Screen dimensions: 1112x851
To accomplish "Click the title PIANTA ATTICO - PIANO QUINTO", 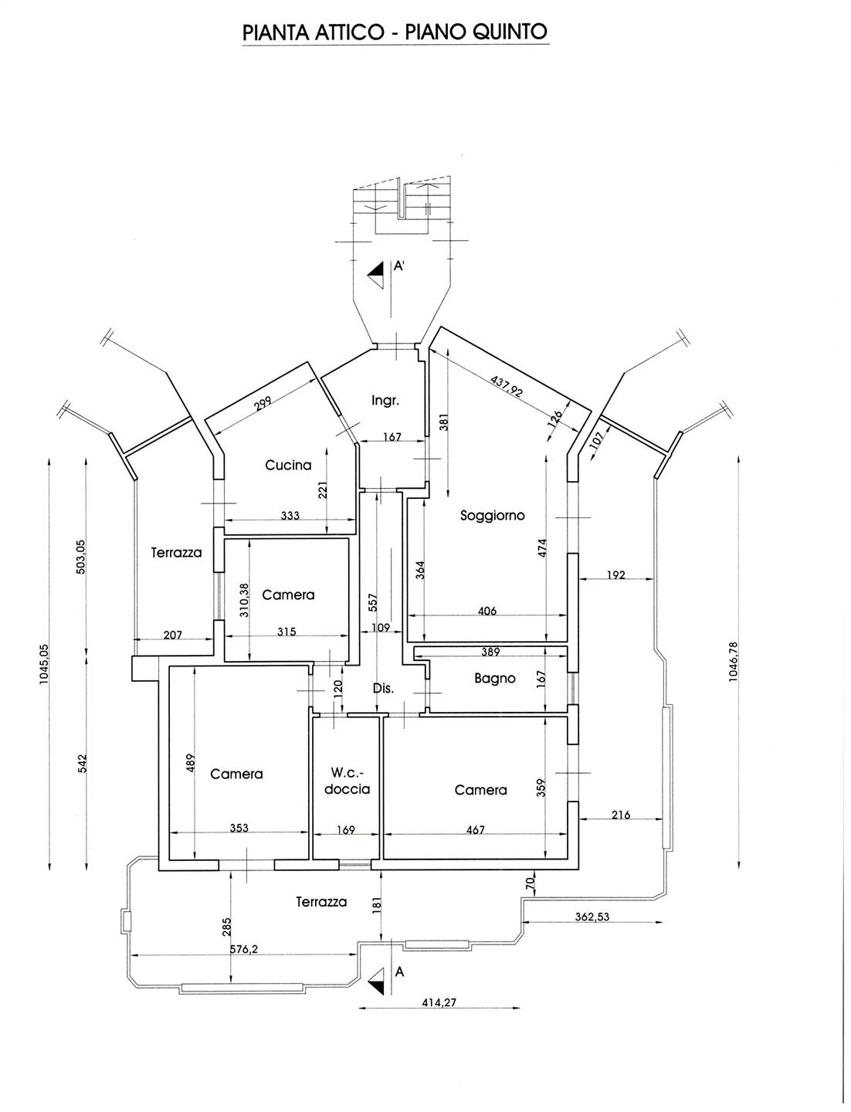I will tap(395, 32).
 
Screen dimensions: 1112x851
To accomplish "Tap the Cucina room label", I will tap(288, 465).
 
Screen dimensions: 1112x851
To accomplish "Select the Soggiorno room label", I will tap(492, 515).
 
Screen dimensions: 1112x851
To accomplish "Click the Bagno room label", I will tap(494, 678).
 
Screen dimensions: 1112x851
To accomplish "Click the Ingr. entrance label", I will tap(385, 400).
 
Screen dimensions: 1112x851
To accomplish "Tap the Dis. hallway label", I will tap(384, 688).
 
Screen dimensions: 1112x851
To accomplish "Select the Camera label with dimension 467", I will tap(480, 789).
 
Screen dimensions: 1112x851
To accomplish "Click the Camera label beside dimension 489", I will tap(236, 774).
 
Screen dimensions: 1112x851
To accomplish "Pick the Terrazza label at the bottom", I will tap(321, 901).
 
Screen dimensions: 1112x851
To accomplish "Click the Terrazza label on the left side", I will tap(176, 552).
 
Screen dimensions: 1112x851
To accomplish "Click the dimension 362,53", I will tap(597, 917).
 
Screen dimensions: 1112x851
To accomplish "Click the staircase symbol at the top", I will tap(402, 205).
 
